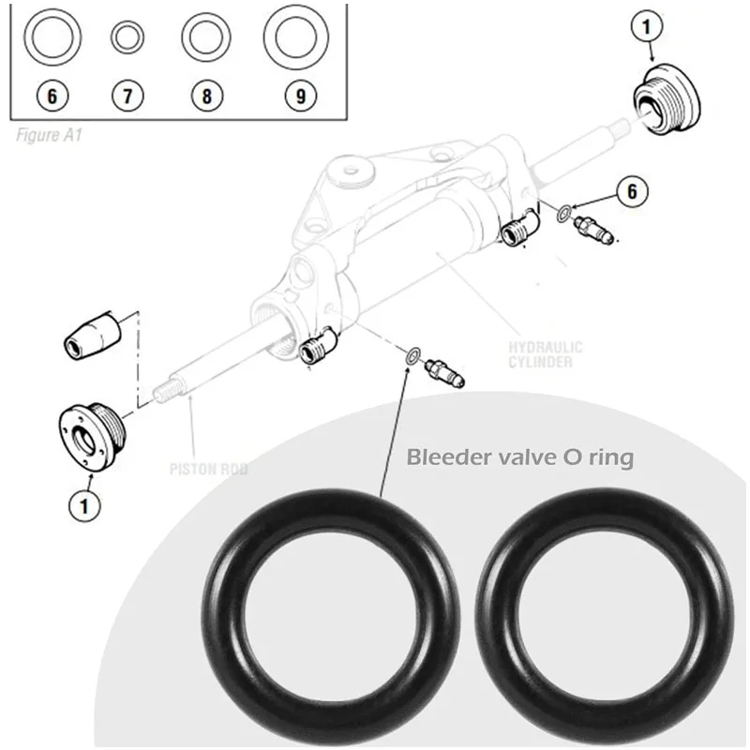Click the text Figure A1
click(x=50, y=134)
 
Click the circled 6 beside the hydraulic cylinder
click(x=633, y=191)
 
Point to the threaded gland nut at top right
click(x=667, y=98)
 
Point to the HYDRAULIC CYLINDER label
click(x=546, y=354)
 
